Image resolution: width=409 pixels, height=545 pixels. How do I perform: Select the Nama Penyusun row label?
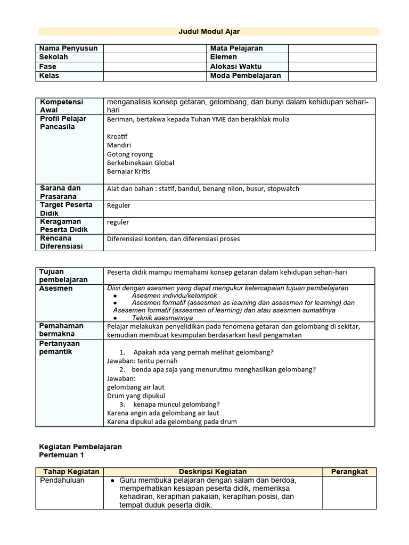point(68,48)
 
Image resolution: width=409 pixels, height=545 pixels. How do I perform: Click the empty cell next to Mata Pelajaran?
point(332,48)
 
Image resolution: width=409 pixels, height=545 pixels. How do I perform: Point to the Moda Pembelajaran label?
point(246,76)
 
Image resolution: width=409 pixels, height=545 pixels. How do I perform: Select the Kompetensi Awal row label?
point(60,106)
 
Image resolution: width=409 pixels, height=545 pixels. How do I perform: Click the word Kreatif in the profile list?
point(117,137)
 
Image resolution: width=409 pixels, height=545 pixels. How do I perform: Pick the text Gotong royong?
point(130,154)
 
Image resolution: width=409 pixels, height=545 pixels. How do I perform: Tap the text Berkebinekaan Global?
point(141,163)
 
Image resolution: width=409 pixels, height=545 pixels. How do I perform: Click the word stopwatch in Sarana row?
point(283,189)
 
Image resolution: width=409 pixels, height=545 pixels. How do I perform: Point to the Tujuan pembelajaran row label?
point(63,276)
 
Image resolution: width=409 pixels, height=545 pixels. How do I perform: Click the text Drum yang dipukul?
point(136,396)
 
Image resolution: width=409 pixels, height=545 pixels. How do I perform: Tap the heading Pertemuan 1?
point(62,456)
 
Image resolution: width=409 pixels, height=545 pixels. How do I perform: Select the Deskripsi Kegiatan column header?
point(212,472)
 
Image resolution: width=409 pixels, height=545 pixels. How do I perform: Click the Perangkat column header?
point(349,472)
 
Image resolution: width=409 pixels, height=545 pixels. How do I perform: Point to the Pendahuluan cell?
point(62,480)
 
